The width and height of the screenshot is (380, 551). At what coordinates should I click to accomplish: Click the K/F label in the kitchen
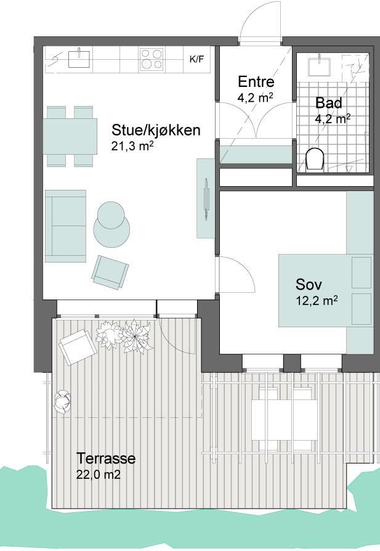196,59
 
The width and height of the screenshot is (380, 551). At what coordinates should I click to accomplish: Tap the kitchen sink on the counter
79,59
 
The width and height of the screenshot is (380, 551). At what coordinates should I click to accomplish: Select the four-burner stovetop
152,59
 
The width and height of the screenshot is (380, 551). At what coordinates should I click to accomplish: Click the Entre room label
256,81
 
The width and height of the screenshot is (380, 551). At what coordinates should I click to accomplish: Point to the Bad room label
329,103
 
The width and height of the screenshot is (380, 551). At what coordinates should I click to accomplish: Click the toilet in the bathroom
315,159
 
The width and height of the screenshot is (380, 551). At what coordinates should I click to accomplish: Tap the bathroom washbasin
320,67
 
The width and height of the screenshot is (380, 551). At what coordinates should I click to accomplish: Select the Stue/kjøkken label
156,130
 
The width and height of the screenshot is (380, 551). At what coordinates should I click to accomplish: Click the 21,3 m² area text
132,146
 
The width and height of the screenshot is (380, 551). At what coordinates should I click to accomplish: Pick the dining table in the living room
70,136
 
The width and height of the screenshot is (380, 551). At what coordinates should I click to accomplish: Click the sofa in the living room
66,226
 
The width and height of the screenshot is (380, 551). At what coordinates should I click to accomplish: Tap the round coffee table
111,224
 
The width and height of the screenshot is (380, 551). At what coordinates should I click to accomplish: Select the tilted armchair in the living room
110,271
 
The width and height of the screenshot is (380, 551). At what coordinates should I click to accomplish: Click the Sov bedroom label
309,284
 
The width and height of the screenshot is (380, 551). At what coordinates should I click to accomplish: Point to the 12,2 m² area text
317,301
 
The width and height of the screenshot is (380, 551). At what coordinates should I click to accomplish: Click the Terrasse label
106,458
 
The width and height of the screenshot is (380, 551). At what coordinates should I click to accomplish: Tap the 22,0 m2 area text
99,475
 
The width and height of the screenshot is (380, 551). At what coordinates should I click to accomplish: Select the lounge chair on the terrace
77,347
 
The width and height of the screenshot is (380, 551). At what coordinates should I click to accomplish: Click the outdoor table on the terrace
285,420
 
